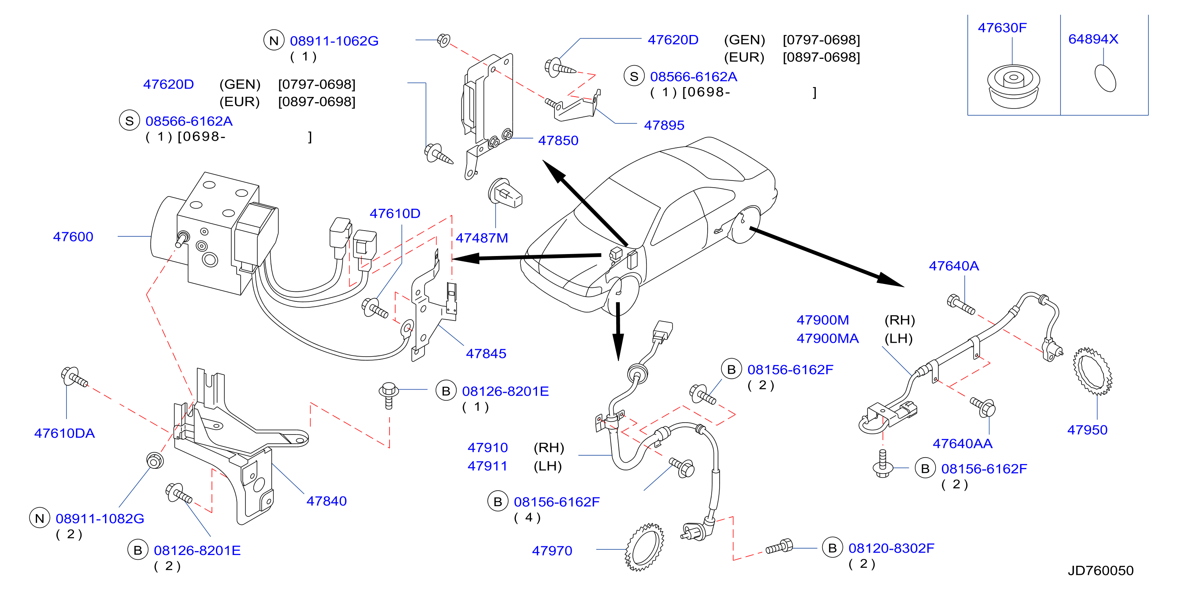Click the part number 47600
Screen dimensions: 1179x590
(73, 237)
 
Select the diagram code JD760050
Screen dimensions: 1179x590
(1101, 571)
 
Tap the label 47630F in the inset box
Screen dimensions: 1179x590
(1002, 28)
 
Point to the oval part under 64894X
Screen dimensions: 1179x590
(1105, 78)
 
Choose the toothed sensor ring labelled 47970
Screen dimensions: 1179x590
(644, 547)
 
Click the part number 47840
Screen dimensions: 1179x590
(327, 501)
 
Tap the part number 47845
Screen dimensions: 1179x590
(486, 353)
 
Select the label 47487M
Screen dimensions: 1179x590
(482, 238)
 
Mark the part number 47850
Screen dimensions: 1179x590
(558, 140)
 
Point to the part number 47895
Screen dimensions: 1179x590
(664, 125)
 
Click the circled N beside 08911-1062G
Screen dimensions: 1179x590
(274, 41)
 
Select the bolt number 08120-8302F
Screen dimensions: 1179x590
(891, 548)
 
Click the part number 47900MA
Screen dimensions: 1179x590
(827, 338)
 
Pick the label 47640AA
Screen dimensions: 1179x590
(963, 443)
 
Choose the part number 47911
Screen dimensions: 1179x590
(487, 466)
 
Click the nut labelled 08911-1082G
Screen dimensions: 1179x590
(155, 460)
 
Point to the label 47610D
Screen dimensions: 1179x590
(395, 213)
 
